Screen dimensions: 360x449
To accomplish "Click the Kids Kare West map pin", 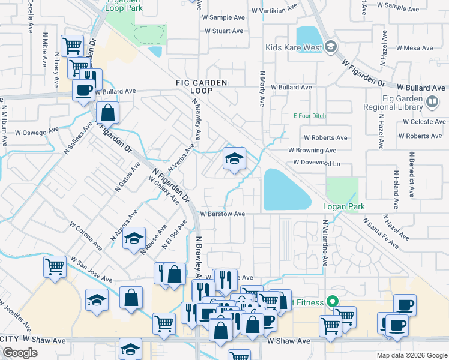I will point(330,47).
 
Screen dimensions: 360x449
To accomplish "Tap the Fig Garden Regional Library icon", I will point(431,103).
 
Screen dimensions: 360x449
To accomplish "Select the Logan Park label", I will point(344,206).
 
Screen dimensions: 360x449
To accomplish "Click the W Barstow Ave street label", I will point(222,214).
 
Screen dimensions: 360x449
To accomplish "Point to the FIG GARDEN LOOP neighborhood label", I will point(194,86).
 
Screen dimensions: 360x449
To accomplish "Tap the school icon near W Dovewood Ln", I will point(234,159).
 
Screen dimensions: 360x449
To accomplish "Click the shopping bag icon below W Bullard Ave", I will point(107,113).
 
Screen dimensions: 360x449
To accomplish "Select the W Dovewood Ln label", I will point(317,163).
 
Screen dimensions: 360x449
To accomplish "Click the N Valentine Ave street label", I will point(325,243).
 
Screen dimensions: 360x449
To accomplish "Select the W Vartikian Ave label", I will point(275,11).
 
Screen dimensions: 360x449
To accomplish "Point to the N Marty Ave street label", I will point(262,88).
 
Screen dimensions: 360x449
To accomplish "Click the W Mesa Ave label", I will point(414,48).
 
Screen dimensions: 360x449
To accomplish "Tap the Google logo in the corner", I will point(20,352).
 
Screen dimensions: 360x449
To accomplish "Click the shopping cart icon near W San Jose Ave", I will point(55,266).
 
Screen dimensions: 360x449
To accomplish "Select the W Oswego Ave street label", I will point(37,131).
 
